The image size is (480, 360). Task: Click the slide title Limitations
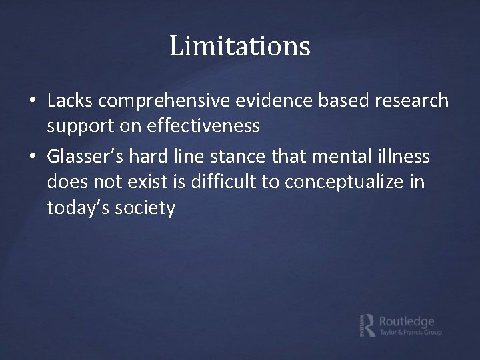(240, 47)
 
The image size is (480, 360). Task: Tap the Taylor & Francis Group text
(410, 332)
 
